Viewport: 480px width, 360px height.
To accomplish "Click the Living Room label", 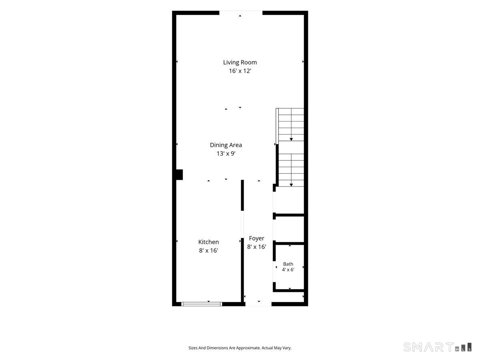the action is click(x=240, y=62).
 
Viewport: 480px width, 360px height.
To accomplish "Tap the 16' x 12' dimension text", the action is click(x=240, y=71).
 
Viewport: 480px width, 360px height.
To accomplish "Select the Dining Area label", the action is click(x=226, y=145).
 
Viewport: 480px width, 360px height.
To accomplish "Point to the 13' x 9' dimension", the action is click(x=226, y=154).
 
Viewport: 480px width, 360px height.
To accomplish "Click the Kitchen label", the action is click(x=208, y=242).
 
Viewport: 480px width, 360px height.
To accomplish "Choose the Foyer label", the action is click(x=256, y=238).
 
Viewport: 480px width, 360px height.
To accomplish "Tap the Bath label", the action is click(x=288, y=264).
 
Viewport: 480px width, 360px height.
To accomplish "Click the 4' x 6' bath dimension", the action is click(x=288, y=270).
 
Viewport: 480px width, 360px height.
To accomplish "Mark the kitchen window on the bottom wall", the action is click(x=202, y=304).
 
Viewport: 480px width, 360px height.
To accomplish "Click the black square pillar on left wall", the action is click(x=180, y=175).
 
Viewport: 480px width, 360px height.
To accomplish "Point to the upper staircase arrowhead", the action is click(x=291, y=140).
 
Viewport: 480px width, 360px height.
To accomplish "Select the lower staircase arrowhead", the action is click(x=291, y=185).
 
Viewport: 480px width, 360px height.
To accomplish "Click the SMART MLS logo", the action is click(x=437, y=347).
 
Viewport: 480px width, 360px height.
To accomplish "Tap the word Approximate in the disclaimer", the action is click(x=248, y=348).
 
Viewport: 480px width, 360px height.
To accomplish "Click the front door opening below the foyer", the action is click(x=258, y=304).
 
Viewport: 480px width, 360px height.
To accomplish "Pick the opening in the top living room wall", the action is click(x=241, y=13).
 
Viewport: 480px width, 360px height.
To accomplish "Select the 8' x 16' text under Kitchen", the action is click(x=208, y=250).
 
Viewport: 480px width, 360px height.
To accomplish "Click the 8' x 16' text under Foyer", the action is click(x=256, y=247).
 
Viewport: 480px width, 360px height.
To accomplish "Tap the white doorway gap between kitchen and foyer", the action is click(x=242, y=224).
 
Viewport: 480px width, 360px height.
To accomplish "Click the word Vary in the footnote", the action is click(x=287, y=348).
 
